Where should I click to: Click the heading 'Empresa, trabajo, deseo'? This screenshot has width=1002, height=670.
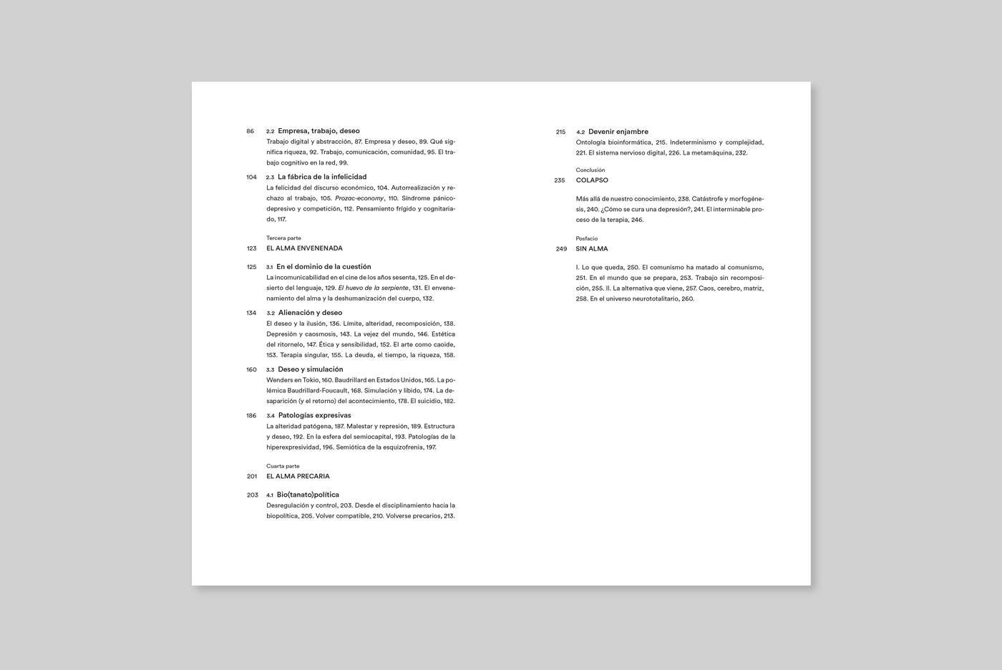pyautogui.click(x=318, y=131)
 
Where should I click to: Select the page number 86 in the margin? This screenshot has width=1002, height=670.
pyautogui.click(x=250, y=132)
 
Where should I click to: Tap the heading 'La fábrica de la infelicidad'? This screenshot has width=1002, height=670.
pyautogui.click(x=322, y=177)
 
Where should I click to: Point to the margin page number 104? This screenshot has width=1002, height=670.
pyautogui.click(x=251, y=178)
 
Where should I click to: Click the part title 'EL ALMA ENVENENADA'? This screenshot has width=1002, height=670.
pyautogui.click(x=304, y=248)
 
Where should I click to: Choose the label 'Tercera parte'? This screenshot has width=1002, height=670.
pyautogui.click(x=283, y=238)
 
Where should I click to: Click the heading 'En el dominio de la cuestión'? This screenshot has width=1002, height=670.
pyautogui.click(x=324, y=266)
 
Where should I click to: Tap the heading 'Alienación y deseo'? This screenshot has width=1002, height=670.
pyautogui.click(x=310, y=313)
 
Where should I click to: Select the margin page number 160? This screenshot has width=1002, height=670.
pyautogui.click(x=251, y=370)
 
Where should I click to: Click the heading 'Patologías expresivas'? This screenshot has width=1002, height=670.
pyautogui.click(x=314, y=415)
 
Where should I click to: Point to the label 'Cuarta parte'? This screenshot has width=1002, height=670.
pyautogui.click(x=283, y=466)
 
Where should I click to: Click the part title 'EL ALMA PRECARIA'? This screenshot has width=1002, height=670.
pyautogui.click(x=298, y=476)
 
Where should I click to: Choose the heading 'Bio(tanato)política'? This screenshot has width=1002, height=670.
pyautogui.click(x=308, y=495)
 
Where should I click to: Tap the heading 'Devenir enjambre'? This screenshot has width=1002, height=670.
pyautogui.click(x=618, y=132)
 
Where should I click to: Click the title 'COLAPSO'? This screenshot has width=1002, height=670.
pyautogui.click(x=592, y=180)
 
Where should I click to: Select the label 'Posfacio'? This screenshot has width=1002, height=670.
pyautogui.click(x=586, y=238)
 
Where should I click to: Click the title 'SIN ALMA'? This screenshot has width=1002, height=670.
pyautogui.click(x=592, y=249)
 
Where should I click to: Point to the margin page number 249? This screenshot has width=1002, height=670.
pyautogui.click(x=561, y=249)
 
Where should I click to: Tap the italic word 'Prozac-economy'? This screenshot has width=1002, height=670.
pyautogui.click(x=359, y=198)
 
